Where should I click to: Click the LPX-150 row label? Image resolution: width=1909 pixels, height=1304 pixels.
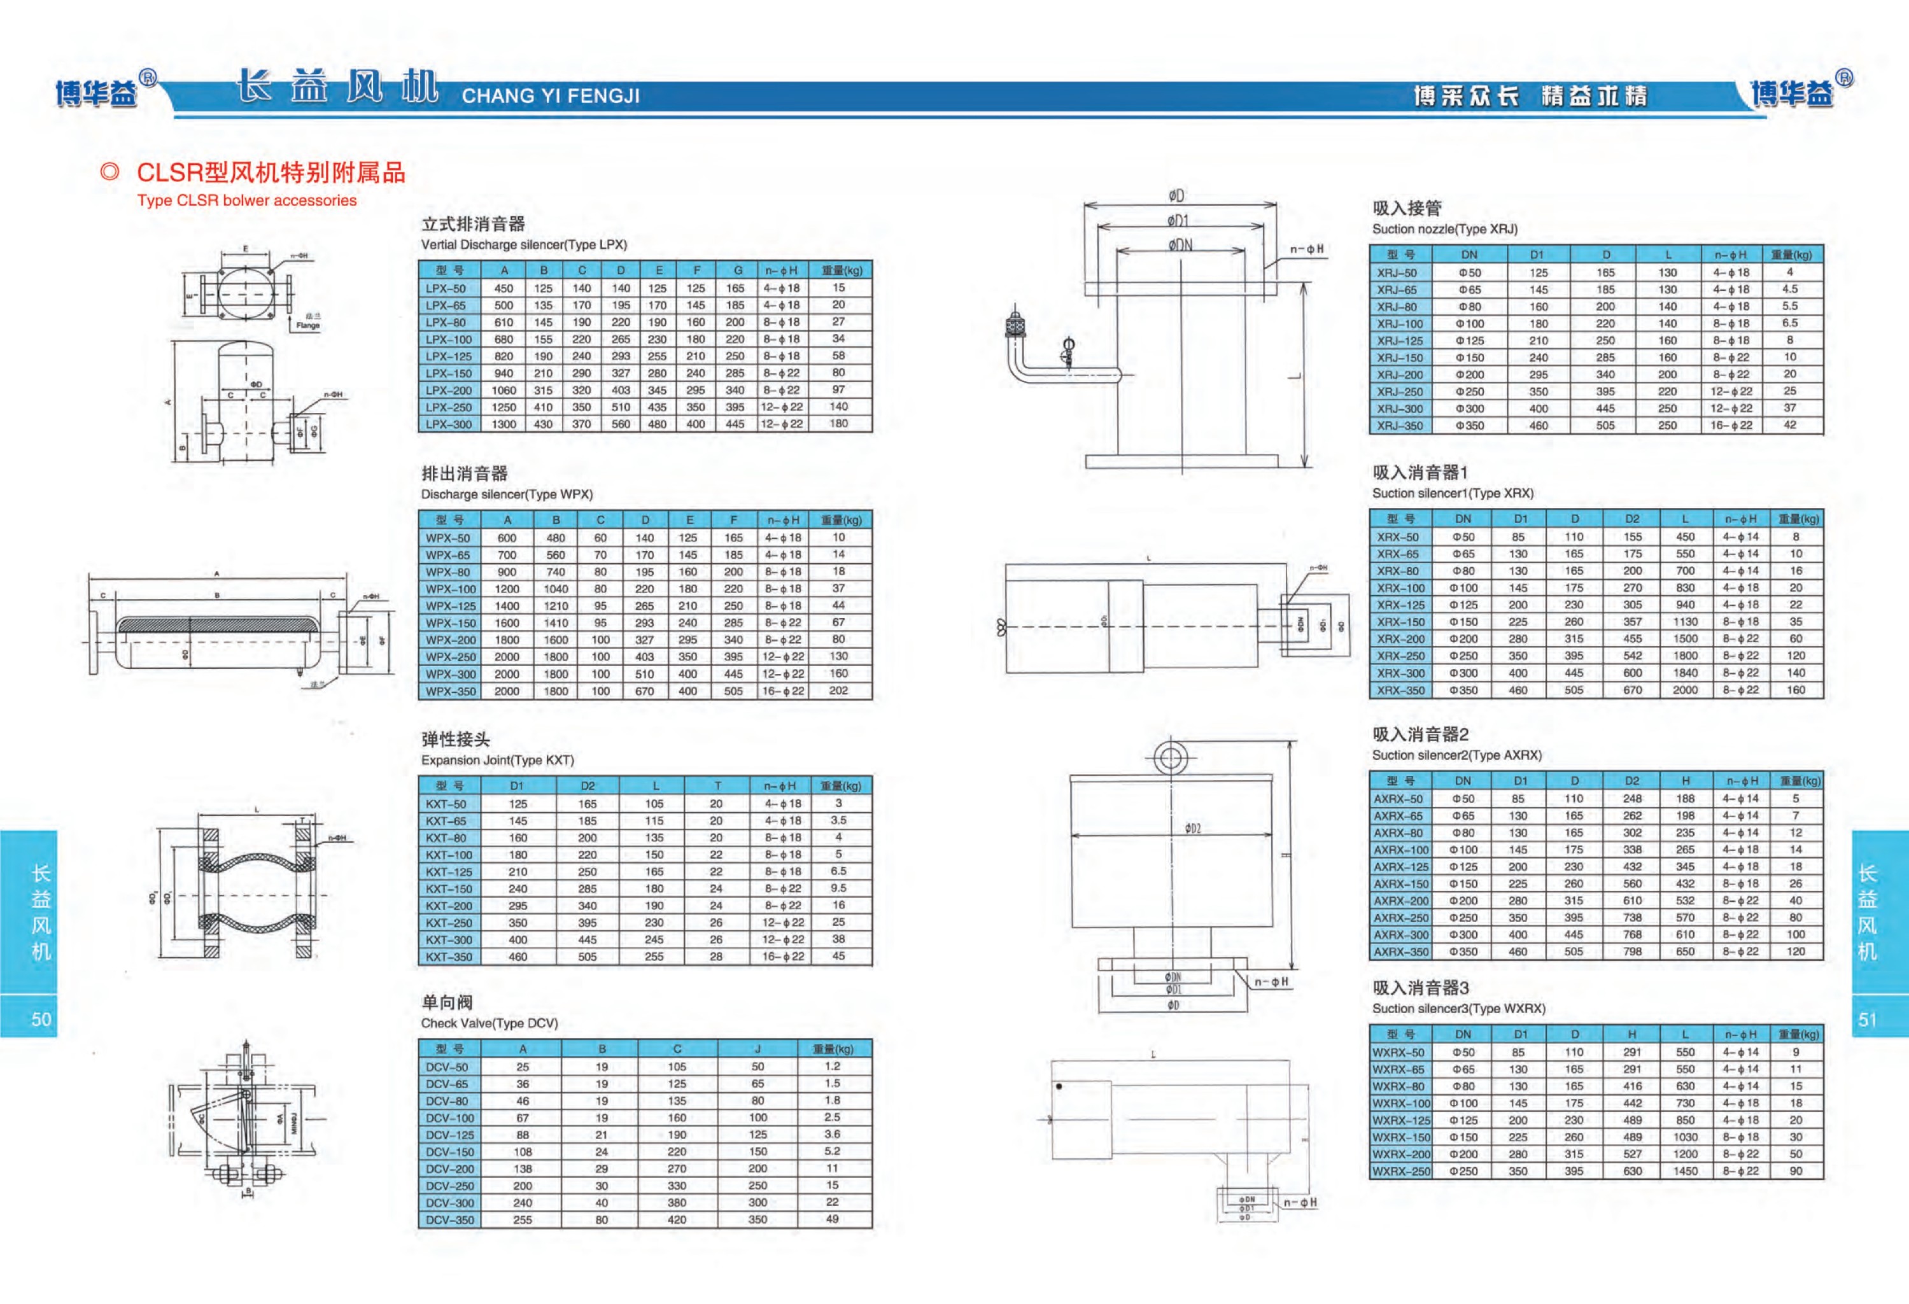coord(449,374)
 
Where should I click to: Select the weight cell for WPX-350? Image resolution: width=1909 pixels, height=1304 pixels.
coord(838,691)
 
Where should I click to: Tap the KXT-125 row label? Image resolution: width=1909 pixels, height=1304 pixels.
coord(449,872)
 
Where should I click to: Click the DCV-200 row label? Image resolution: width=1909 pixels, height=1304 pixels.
coord(449,1168)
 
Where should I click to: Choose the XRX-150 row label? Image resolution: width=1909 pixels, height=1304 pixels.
coord(1400,622)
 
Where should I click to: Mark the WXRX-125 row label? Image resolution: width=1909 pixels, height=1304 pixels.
coord(1400,1120)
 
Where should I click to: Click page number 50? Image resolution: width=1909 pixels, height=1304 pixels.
coord(41,1019)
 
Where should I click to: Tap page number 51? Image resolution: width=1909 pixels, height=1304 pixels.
coord(1867,1019)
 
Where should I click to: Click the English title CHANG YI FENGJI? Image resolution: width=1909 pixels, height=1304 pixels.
coord(551,96)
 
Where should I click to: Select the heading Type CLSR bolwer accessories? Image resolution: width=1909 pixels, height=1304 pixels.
coord(246,200)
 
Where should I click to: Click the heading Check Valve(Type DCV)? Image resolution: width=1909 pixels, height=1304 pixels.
coord(489,1023)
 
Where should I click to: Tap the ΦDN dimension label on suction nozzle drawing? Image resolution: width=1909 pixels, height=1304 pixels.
coord(1180,245)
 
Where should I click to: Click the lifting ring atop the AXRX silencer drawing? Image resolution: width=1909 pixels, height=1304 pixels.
coord(1170,757)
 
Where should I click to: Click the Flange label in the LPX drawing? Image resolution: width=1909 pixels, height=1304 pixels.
coord(308,325)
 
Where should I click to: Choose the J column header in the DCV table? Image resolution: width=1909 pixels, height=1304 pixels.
coord(757,1049)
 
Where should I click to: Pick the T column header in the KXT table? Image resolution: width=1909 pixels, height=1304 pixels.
coord(717,786)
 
